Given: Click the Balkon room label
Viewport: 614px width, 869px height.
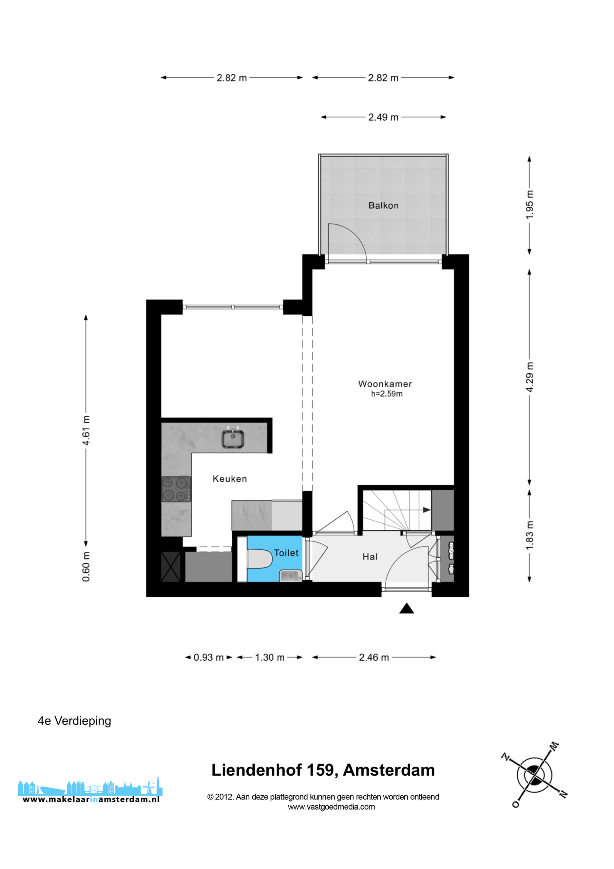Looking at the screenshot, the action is [x=383, y=205].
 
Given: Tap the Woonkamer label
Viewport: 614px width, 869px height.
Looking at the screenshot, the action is [x=385, y=384].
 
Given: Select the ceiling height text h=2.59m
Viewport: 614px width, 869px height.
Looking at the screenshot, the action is [x=386, y=394].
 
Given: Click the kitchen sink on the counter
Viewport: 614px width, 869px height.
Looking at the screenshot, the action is [x=233, y=438].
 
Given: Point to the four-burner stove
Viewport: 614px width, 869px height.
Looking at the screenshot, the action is [x=176, y=489].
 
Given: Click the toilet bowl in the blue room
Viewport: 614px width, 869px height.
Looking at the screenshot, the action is [x=260, y=559].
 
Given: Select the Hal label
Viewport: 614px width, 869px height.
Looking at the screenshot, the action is [x=370, y=557].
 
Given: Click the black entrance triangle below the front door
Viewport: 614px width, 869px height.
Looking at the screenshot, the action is [x=407, y=608].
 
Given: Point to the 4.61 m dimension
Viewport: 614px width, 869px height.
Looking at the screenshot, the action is [x=86, y=431].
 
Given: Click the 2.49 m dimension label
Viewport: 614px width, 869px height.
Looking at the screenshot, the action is [x=383, y=117].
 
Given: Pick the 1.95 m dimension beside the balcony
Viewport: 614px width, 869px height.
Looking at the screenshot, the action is [x=529, y=204].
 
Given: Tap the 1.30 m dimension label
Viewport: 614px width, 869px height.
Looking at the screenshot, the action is [x=269, y=658].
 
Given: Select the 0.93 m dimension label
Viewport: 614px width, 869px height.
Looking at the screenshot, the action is [x=208, y=658].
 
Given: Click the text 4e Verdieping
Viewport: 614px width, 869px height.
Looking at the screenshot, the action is [x=75, y=721].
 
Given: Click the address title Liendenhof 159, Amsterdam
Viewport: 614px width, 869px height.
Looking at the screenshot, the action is [x=323, y=770].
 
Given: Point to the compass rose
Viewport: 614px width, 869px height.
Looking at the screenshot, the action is [x=535, y=775].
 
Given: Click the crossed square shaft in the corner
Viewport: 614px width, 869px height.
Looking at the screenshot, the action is [x=171, y=567].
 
